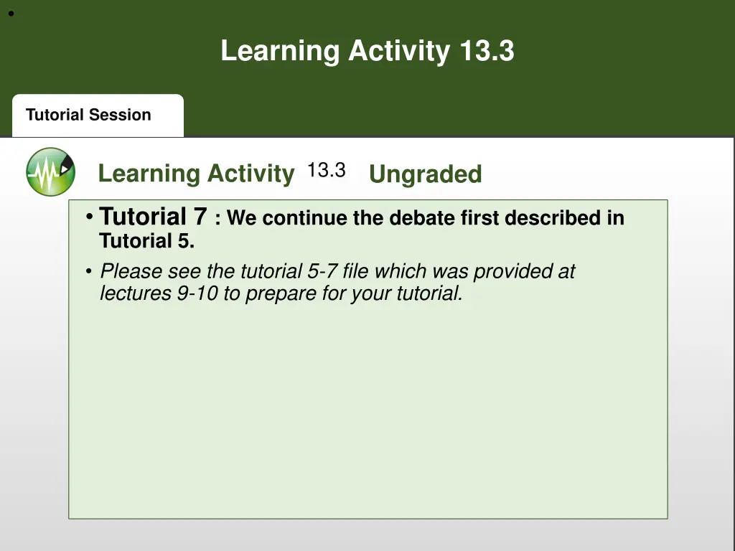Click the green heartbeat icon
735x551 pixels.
click(x=50, y=172)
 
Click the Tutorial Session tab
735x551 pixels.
click(x=89, y=116)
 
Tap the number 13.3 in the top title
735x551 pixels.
click(x=487, y=52)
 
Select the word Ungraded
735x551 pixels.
click(x=425, y=174)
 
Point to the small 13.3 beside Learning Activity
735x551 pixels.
click(x=327, y=171)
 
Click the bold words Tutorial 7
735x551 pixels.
click(x=153, y=216)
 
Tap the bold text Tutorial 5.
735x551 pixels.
click(x=146, y=241)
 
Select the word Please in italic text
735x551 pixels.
click(x=131, y=272)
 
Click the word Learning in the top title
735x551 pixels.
click(x=281, y=52)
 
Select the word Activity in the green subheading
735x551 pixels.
click(x=251, y=174)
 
